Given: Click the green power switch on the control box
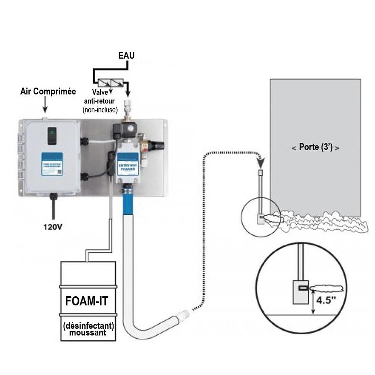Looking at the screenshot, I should point(52,134).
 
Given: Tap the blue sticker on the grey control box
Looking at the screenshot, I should point(52,164).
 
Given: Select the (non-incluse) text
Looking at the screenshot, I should point(100,109).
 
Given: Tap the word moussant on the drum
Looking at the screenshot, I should point(88,333).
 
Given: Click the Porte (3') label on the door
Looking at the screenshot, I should point(315,148).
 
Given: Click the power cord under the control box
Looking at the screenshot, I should point(54,209).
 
